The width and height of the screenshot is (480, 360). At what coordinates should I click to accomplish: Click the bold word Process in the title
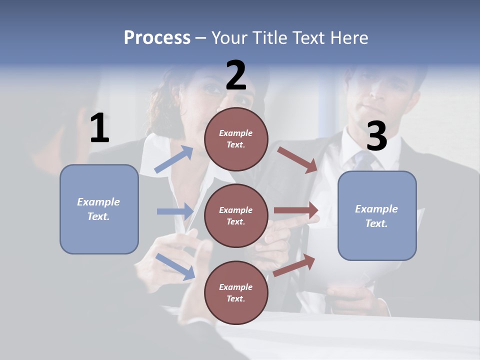tap(157, 38)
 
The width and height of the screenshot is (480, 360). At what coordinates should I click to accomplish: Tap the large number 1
tap(99, 128)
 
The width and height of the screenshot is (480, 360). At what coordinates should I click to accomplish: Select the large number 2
tap(236, 75)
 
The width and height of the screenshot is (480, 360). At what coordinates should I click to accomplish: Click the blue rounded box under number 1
tap(99, 209)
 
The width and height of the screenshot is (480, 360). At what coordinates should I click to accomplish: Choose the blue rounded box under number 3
tap(377, 215)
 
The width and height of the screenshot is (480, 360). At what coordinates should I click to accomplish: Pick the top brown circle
tap(236, 139)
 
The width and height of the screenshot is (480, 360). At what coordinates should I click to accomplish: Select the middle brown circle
tap(236, 215)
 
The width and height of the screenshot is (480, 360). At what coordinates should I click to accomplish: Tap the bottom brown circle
tap(236, 292)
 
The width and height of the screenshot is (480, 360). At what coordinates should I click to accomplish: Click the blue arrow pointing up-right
tap(174, 159)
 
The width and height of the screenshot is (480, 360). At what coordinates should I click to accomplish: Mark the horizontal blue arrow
tap(175, 211)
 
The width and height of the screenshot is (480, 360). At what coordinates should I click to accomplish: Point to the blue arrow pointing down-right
tap(175, 266)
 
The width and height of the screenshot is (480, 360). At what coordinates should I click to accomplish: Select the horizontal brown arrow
tap(296, 210)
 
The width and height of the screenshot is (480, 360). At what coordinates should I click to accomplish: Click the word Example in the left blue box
tap(98, 202)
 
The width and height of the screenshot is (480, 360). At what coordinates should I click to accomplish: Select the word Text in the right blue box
tap(376, 223)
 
